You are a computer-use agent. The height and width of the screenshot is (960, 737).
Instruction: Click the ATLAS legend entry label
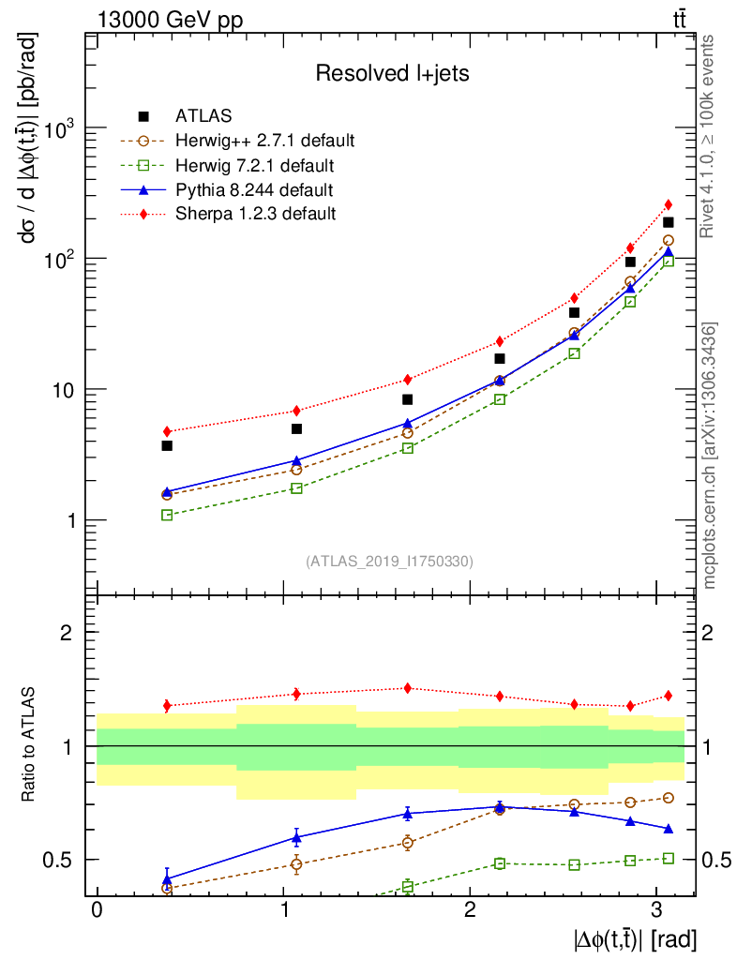click(x=203, y=116)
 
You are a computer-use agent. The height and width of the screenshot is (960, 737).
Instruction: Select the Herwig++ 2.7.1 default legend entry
click(x=264, y=141)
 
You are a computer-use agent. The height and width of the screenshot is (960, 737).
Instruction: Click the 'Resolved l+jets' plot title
click(x=392, y=73)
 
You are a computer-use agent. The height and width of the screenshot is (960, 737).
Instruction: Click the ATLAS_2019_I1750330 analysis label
click(x=389, y=562)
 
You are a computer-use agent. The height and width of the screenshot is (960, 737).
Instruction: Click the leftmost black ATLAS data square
click(x=167, y=445)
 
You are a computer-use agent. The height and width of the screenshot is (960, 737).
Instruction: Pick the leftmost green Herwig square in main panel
click(x=167, y=515)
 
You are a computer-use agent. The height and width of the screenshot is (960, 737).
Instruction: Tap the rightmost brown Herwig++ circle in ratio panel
click(x=669, y=798)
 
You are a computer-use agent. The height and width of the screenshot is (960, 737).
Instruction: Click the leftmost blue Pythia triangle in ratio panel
click(x=167, y=879)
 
